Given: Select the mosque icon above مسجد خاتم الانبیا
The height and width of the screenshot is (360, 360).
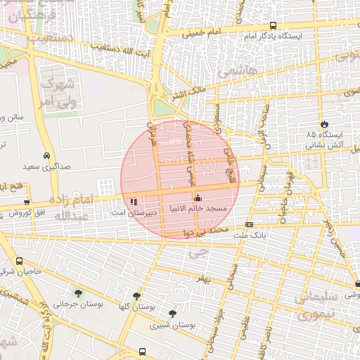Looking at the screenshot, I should [198, 198].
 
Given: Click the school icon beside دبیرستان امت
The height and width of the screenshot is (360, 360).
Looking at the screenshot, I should [134, 203].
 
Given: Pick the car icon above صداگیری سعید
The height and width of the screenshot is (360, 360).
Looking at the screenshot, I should [46, 155].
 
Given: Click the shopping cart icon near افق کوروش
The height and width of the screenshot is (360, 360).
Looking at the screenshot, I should [27, 202].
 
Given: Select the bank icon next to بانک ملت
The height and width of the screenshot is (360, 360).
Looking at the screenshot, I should [249, 225].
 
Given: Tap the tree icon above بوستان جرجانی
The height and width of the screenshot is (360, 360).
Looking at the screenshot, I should [77, 293].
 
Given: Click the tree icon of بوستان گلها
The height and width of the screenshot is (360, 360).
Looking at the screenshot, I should [136, 296].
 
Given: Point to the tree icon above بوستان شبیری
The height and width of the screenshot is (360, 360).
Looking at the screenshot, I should [172, 314].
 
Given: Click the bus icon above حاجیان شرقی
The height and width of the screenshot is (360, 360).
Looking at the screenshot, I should [18, 261].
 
